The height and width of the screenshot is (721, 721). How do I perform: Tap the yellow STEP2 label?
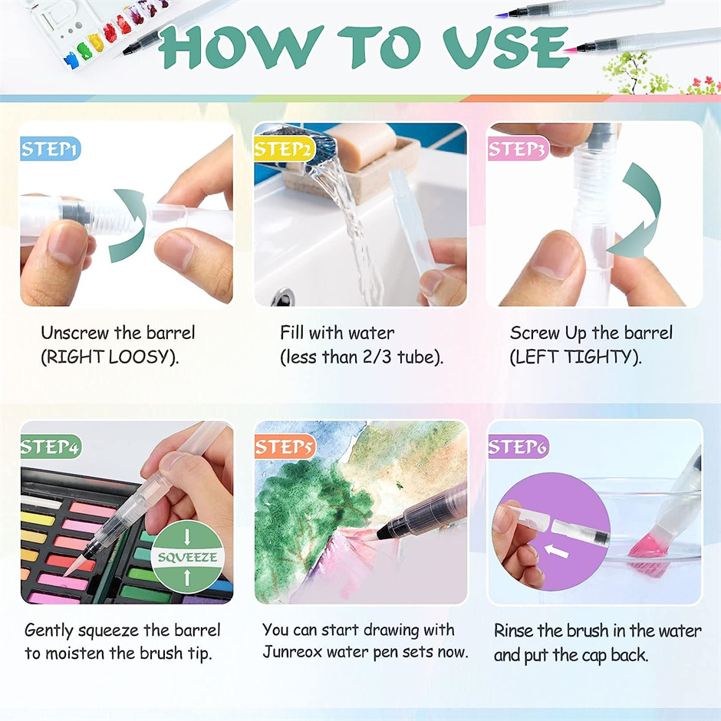284,149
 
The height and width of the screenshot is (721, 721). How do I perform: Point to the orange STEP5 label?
284,446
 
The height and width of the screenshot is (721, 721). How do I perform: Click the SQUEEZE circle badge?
188,557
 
